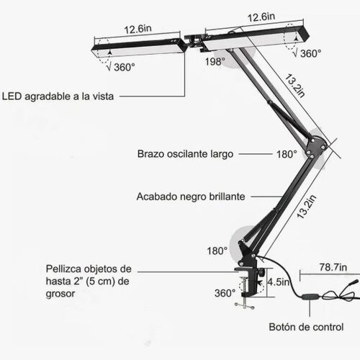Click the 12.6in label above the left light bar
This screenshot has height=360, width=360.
pyautogui.click(x=138, y=29)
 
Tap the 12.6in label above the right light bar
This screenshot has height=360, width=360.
pyautogui.click(x=261, y=17)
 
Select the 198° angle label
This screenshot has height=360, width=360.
pyautogui.click(x=215, y=62)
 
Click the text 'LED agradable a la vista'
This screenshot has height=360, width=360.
pyautogui.click(x=58, y=96)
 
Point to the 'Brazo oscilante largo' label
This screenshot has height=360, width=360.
pyautogui.click(x=185, y=154)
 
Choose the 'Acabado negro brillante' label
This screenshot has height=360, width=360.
pyautogui.click(x=191, y=197)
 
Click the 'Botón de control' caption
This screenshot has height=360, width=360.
pyautogui.click(x=306, y=327)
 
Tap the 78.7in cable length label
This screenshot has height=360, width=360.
pyautogui.click(x=333, y=267)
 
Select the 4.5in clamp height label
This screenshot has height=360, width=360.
pyautogui.click(x=279, y=282)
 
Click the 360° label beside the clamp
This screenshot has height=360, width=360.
pyautogui.click(x=225, y=293)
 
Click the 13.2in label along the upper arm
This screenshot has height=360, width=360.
pyautogui.click(x=295, y=86)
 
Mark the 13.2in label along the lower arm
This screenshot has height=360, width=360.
pyautogui.click(x=307, y=207)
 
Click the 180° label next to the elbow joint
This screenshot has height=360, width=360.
pyautogui.click(x=287, y=154)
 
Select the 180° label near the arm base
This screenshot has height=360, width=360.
pyautogui.click(x=217, y=251)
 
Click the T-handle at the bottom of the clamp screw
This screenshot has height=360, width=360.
pyautogui.click(x=244, y=306)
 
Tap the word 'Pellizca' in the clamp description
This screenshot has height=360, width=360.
pyautogui.click(x=63, y=269)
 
